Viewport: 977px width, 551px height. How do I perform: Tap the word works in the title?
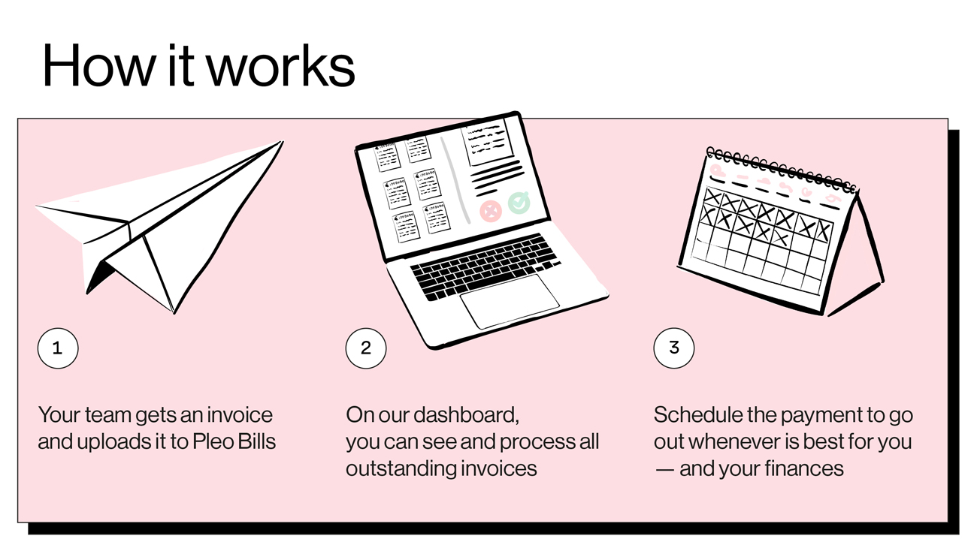point(280,66)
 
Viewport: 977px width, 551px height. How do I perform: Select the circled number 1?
point(58,348)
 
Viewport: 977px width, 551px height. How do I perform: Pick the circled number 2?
point(366,348)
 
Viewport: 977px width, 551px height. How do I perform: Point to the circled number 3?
point(674,348)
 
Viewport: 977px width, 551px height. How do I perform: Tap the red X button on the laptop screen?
point(491,210)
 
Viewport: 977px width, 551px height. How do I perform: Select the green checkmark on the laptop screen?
point(519,202)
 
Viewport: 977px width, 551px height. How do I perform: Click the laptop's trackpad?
point(510,300)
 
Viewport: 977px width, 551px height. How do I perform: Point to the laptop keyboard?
point(485,266)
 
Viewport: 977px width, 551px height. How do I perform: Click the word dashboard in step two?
point(466,414)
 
